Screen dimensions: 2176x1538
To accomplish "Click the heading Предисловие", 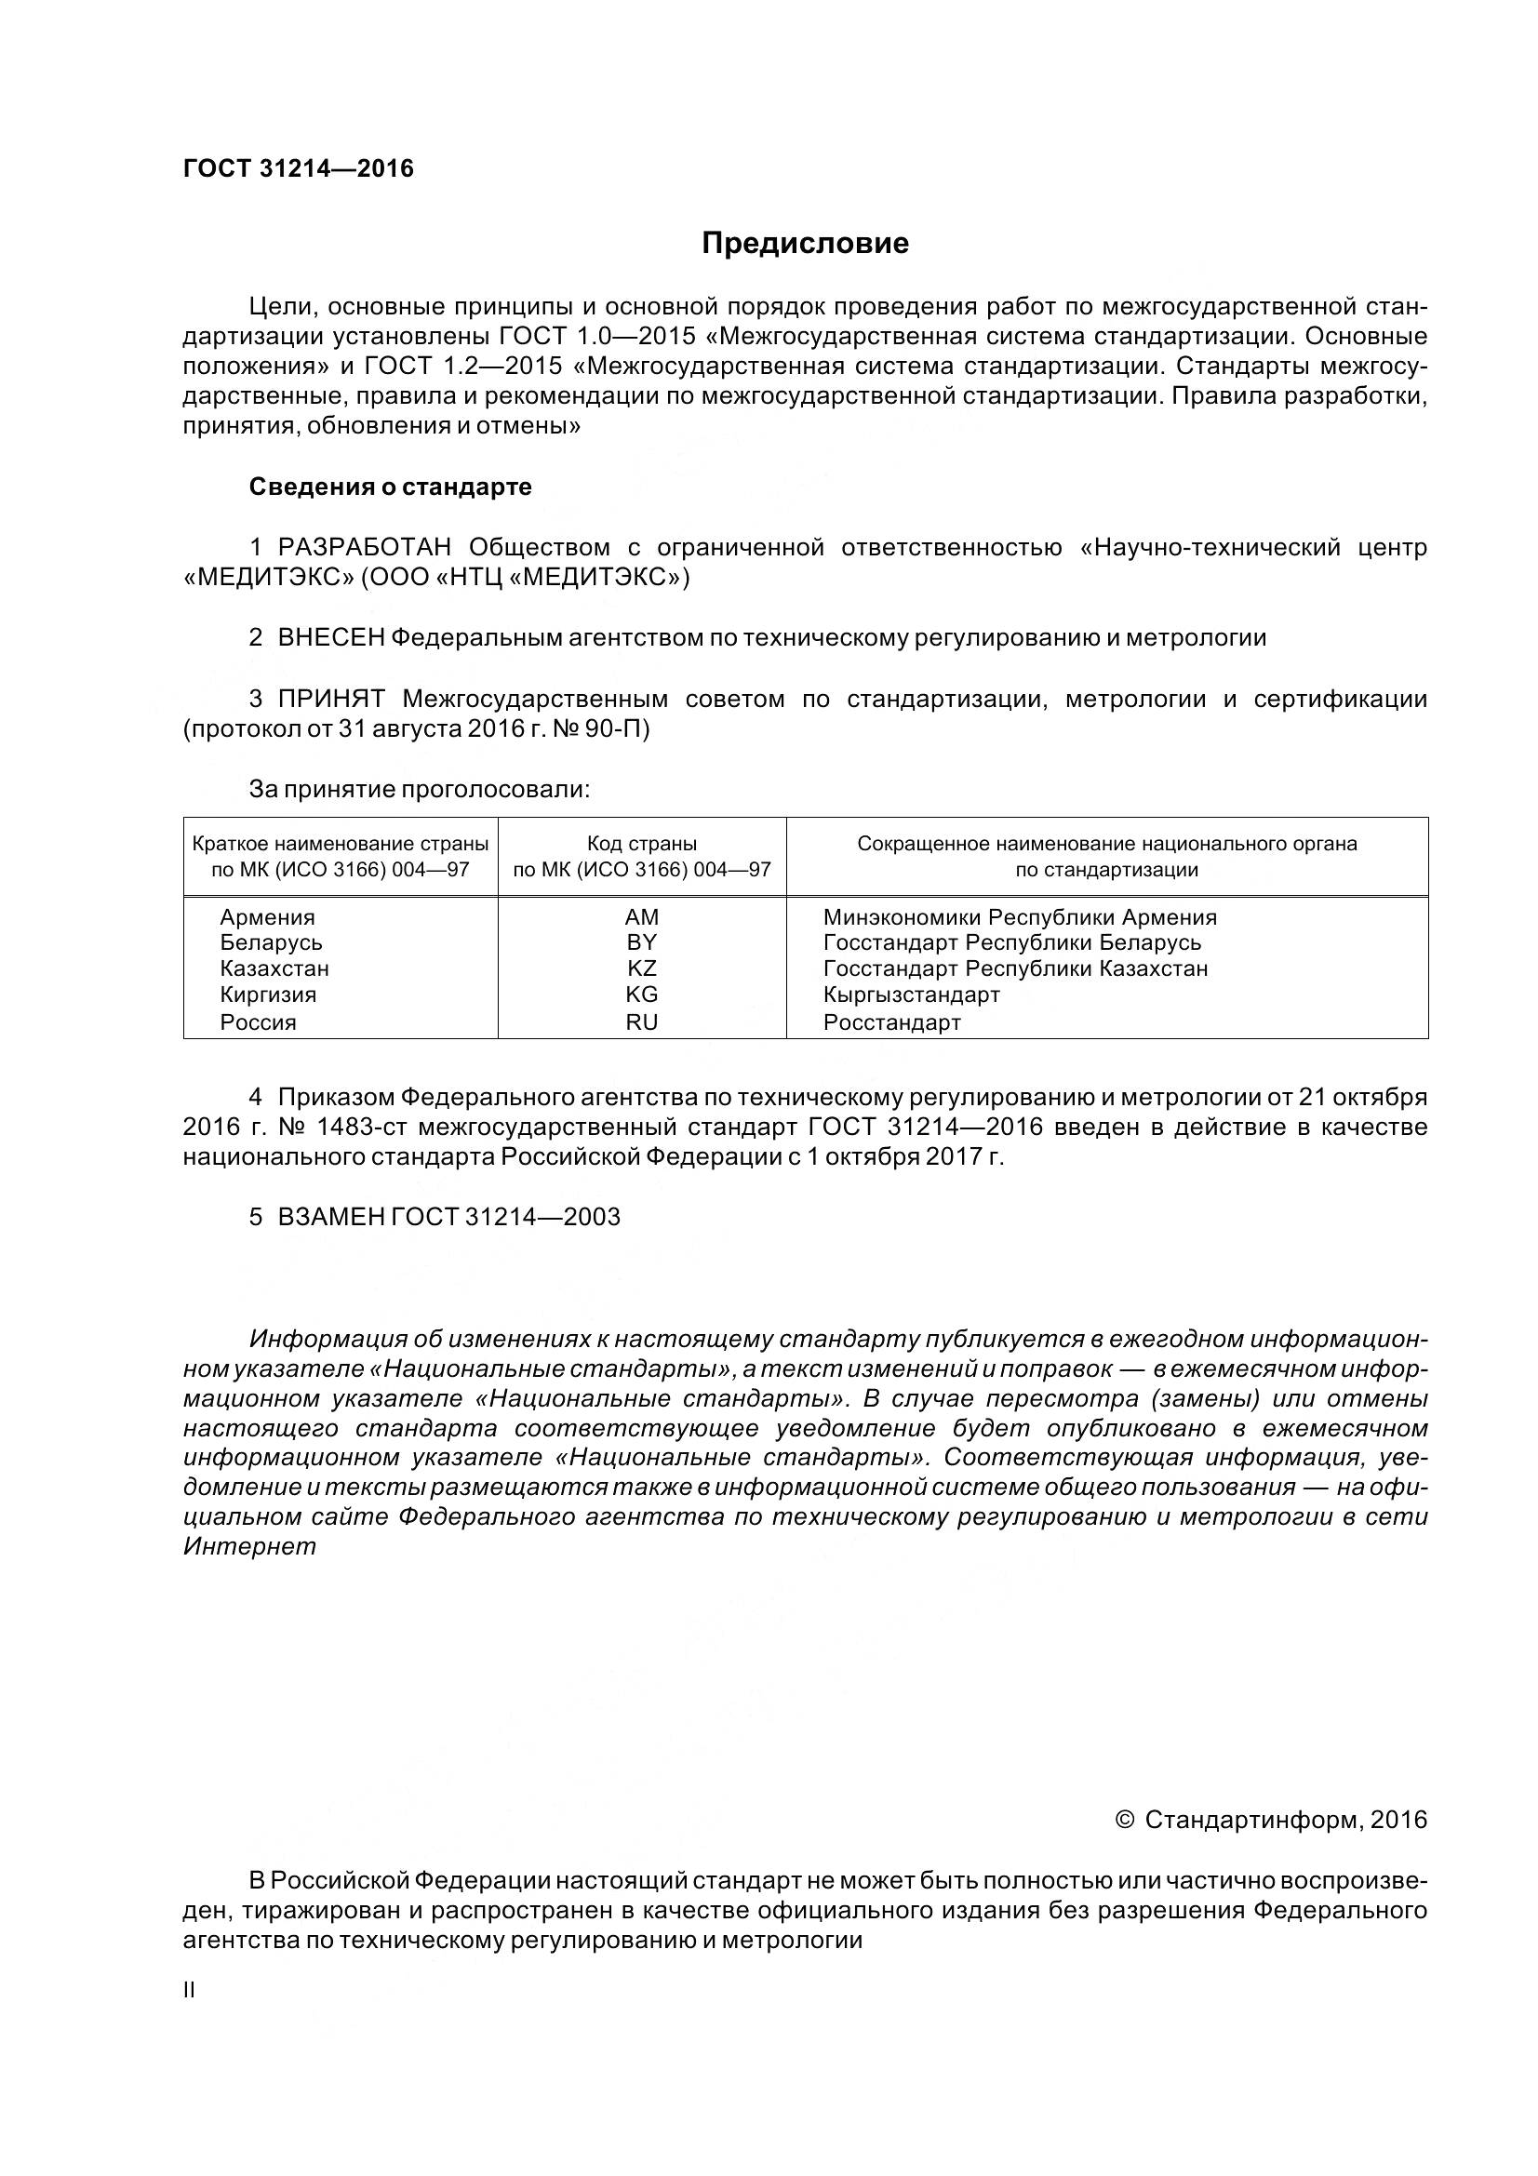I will click(805, 244).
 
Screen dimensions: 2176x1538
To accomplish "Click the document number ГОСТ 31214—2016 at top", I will click(299, 168).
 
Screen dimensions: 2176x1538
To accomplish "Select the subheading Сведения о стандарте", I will click(391, 487).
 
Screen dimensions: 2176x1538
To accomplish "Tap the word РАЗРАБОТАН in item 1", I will click(364, 548).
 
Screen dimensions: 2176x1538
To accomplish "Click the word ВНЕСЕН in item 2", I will click(330, 638).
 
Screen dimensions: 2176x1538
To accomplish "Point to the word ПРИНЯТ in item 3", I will click(330, 700).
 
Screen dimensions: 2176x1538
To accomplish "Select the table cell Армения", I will click(267, 917).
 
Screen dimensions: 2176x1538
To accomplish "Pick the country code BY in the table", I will click(642, 943).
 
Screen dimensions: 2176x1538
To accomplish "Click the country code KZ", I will click(642, 968).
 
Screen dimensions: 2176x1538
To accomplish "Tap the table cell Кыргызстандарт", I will click(912, 995).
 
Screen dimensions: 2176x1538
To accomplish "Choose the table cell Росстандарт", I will click(891, 1022).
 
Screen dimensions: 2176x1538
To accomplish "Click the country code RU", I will click(642, 1022).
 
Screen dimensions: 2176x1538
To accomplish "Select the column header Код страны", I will click(642, 844).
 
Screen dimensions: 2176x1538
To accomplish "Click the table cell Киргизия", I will click(268, 995).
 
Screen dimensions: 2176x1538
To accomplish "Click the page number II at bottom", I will click(189, 1990).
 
